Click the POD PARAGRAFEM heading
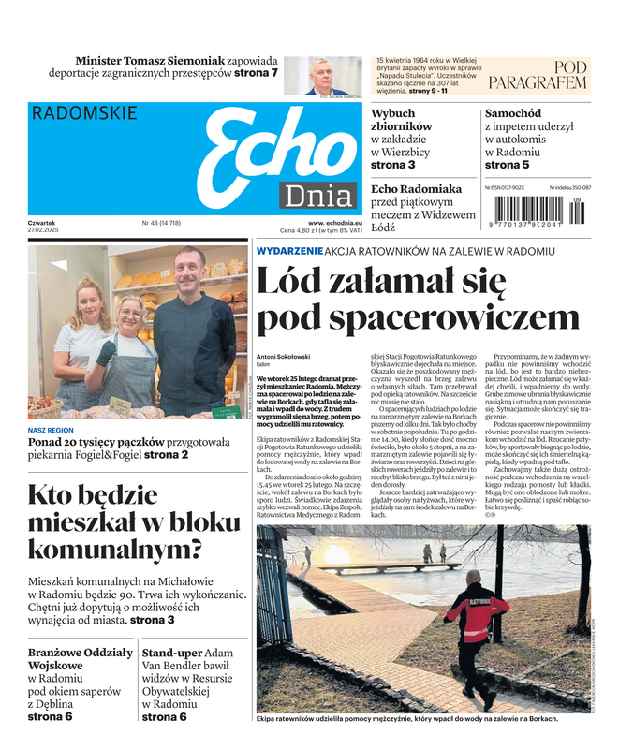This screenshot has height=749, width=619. click(538, 75)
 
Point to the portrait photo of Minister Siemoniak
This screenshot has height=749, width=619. click(316, 75)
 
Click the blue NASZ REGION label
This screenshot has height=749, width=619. click(51, 430)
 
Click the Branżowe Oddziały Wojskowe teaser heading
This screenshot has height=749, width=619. click(80, 660)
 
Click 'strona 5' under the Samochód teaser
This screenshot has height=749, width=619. click(507, 165)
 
